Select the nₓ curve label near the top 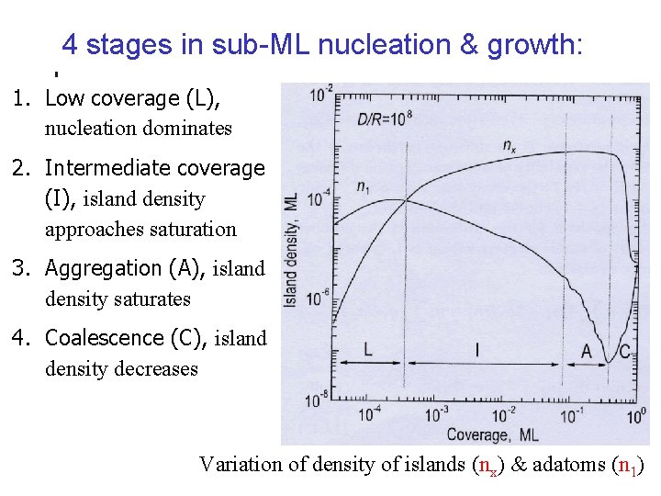coord(510,144)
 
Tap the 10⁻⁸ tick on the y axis coord(319,399)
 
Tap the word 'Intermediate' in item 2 coord(106,168)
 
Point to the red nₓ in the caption coord(490,465)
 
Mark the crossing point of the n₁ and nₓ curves coord(405,202)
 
